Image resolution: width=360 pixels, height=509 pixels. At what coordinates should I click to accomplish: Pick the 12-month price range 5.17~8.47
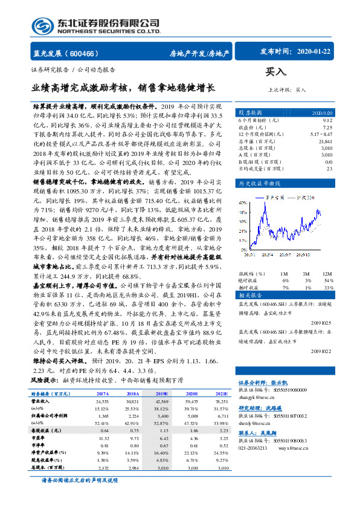coord(320,134)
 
